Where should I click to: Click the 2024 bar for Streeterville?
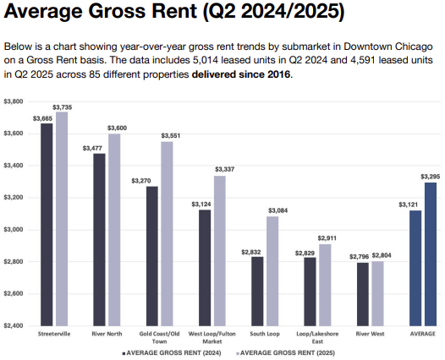click(x=47, y=225)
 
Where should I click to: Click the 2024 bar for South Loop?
click(x=257, y=292)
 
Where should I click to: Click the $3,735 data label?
click(x=63, y=106)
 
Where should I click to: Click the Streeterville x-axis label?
click(x=54, y=335)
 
